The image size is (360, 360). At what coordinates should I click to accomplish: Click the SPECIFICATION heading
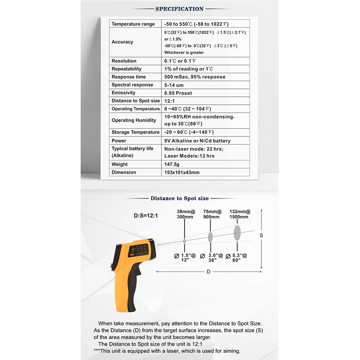(x=179, y=9)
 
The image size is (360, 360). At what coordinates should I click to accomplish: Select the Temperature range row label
(x=133, y=24)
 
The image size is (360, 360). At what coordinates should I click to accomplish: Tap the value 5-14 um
(x=174, y=85)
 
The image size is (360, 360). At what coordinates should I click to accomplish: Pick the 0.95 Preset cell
(x=178, y=93)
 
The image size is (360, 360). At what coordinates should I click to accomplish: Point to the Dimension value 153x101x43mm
(x=182, y=172)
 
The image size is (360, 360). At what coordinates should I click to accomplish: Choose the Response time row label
(x=129, y=77)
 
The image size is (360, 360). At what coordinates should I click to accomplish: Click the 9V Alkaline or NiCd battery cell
(x=197, y=141)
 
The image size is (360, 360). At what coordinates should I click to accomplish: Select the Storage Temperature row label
(x=135, y=132)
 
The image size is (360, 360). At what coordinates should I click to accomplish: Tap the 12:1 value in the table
(x=170, y=101)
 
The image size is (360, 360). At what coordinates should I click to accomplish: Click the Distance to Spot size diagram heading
(x=179, y=198)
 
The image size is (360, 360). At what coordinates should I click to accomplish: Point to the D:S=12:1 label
(x=146, y=216)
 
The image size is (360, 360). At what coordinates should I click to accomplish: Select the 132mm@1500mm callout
(x=240, y=214)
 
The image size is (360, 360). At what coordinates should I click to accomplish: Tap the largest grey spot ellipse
(x=237, y=233)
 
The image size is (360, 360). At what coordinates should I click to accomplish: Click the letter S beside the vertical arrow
(x=261, y=235)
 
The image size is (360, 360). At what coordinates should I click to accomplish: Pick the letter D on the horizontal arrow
(x=208, y=272)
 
